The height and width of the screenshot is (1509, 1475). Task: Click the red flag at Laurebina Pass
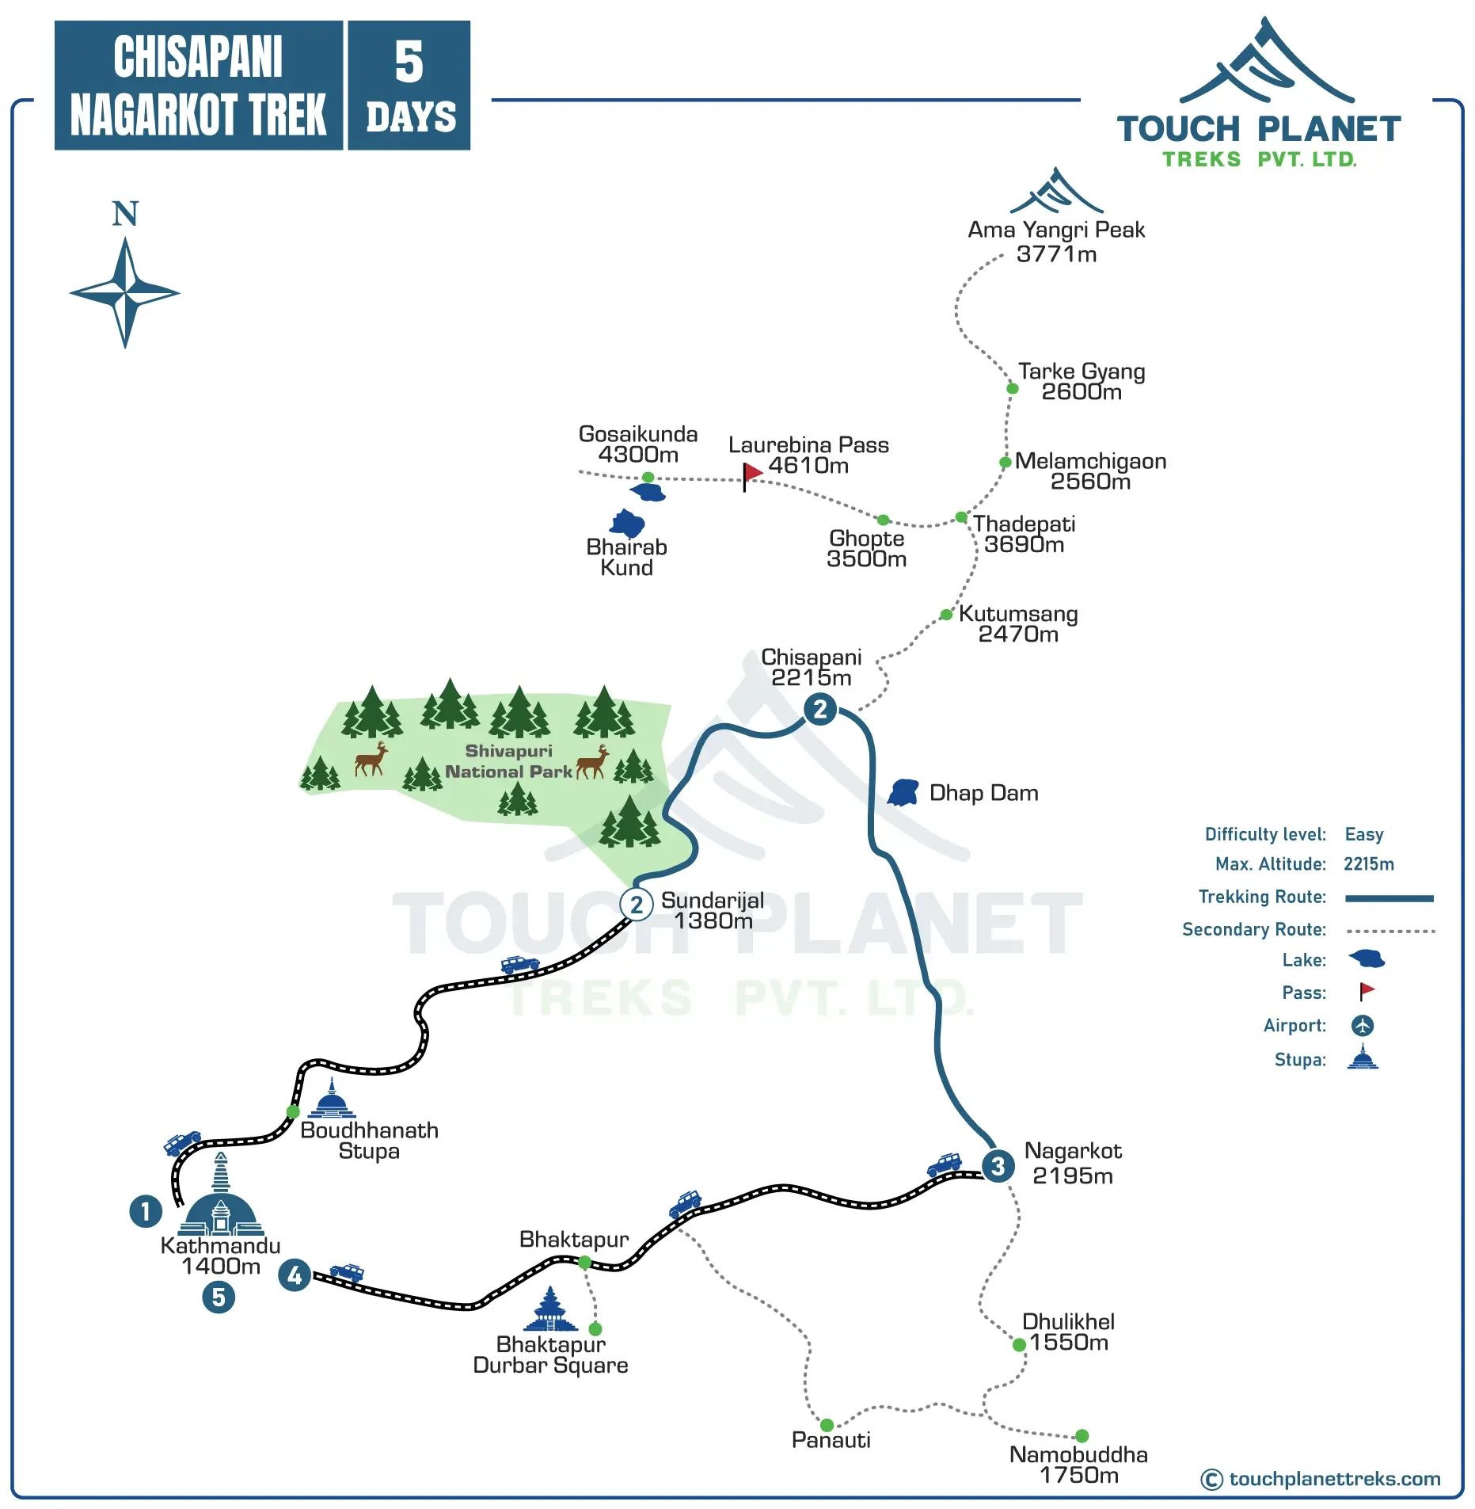(x=751, y=473)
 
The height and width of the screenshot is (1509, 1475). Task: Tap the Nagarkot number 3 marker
(x=998, y=1166)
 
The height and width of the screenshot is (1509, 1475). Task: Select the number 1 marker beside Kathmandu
(x=146, y=1211)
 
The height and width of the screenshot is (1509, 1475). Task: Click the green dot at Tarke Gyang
(x=1012, y=388)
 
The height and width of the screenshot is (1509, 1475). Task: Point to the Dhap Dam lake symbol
(x=903, y=792)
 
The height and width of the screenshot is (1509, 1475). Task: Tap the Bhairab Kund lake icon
(x=627, y=523)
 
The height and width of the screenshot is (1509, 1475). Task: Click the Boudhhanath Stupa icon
(x=332, y=1099)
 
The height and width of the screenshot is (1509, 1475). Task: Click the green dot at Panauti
(x=827, y=1425)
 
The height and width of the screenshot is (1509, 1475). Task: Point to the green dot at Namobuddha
(x=1082, y=1435)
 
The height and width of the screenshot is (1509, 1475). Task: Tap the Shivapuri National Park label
(x=508, y=761)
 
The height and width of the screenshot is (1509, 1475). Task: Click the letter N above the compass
(x=125, y=214)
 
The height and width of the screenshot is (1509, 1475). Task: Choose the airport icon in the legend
(x=1362, y=1025)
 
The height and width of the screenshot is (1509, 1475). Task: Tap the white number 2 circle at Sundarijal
(x=637, y=904)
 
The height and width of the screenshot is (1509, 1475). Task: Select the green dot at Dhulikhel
(x=1019, y=1344)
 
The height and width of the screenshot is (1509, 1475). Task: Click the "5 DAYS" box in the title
(x=409, y=86)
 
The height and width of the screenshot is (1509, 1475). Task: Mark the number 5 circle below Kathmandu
(x=219, y=1298)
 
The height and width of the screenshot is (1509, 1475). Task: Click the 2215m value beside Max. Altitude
(x=1368, y=864)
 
